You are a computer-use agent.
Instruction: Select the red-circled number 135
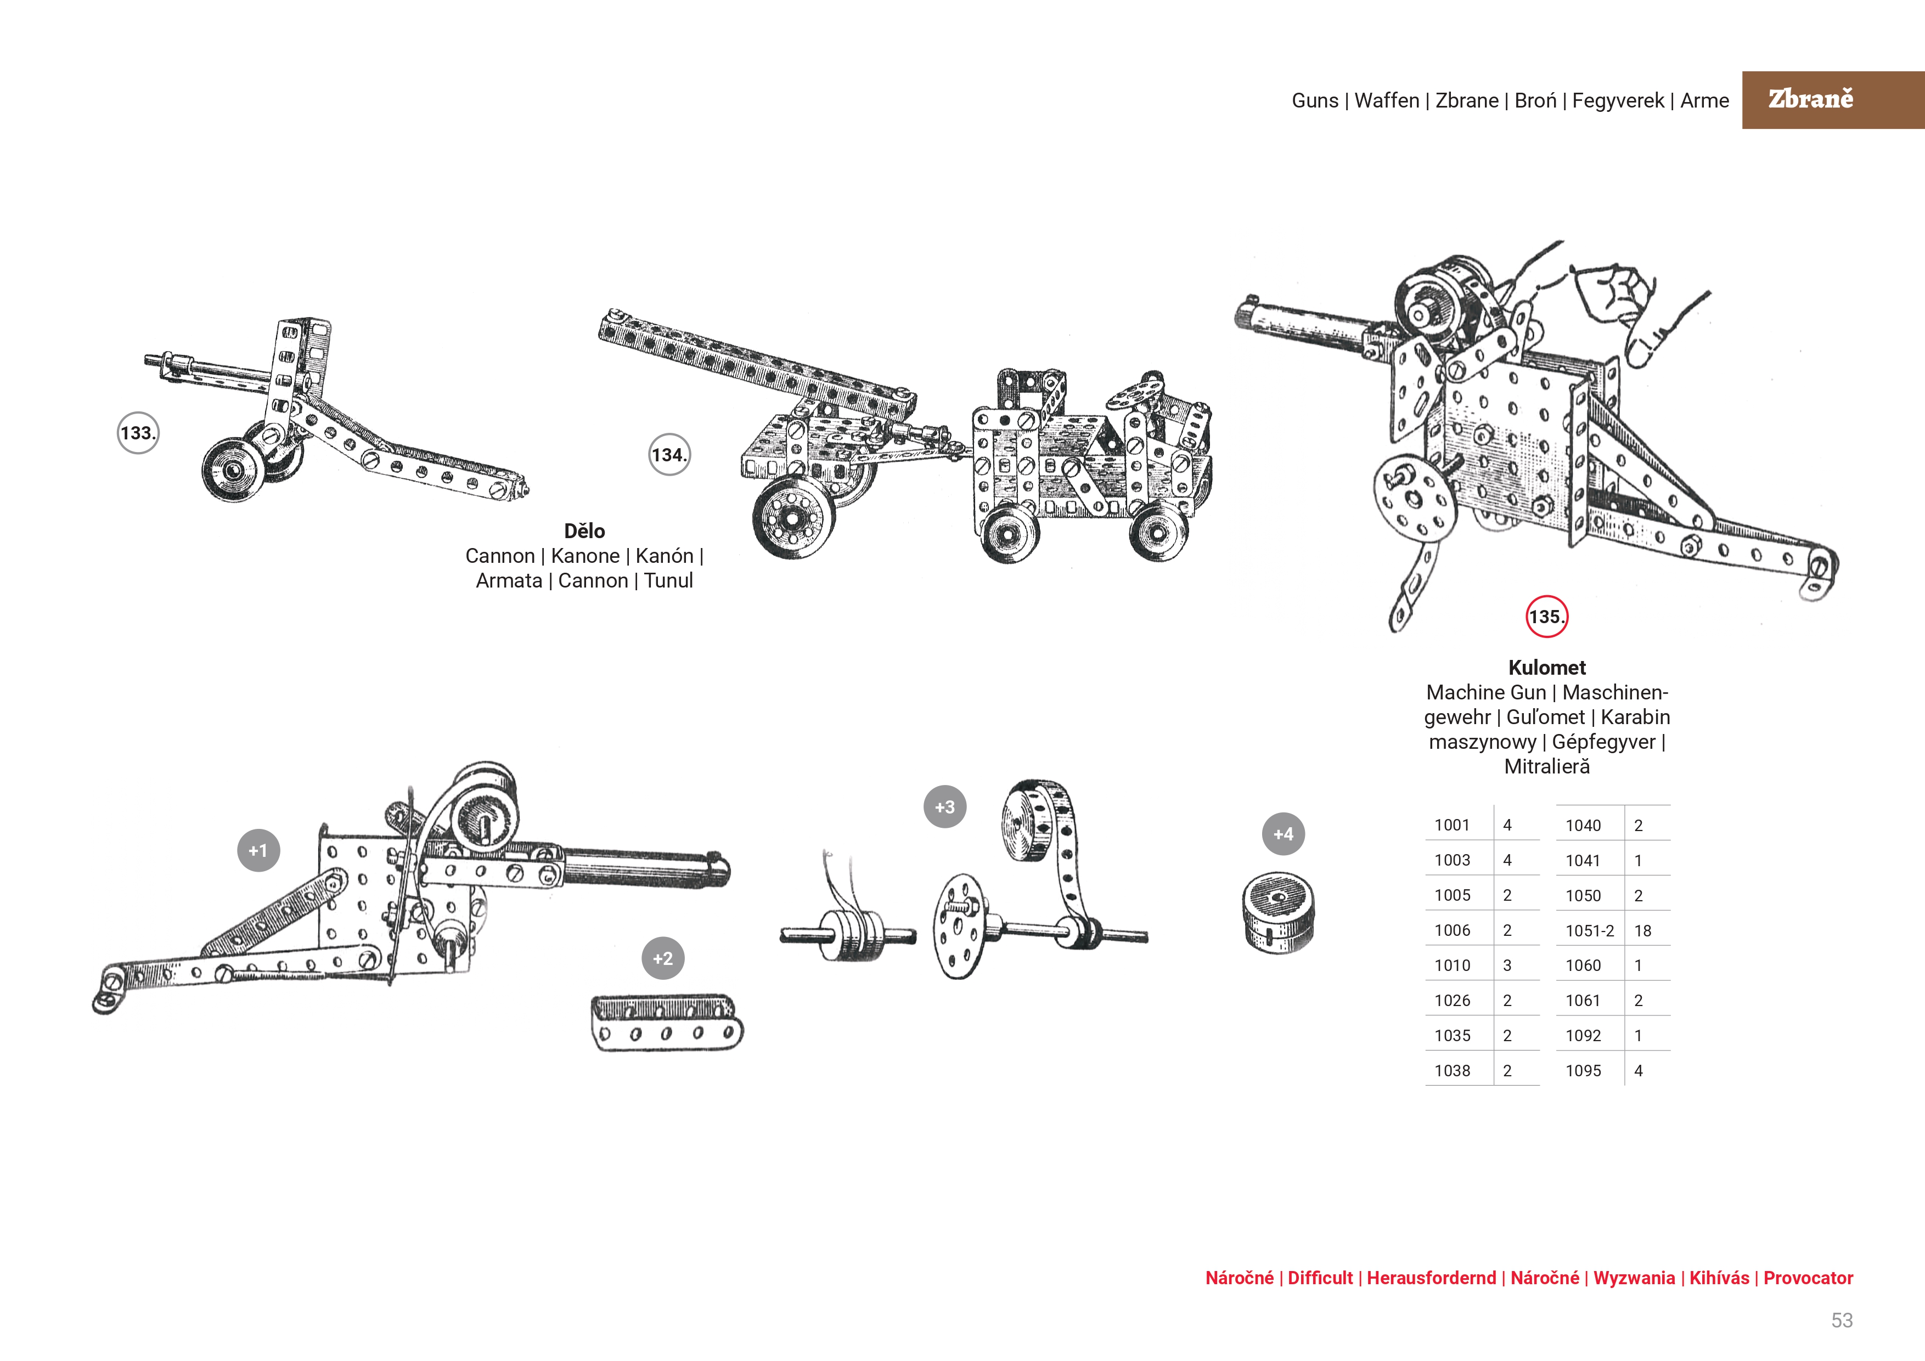[1546, 617]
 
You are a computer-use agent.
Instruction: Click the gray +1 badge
[258, 851]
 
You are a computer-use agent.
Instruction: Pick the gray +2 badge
[662, 958]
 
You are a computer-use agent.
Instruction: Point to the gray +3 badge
[945, 807]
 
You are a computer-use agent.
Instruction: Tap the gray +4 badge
[1283, 834]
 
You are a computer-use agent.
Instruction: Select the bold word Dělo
[584, 532]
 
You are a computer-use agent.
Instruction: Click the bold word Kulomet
[1547, 668]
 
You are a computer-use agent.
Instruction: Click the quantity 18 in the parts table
[1642, 931]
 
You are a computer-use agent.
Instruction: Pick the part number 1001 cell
[1452, 826]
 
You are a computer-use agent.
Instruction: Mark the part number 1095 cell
[1583, 1071]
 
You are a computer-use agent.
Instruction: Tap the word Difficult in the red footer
[1320, 1278]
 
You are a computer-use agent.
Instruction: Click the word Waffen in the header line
[1387, 100]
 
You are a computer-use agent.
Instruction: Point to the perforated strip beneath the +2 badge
[667, 1023]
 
